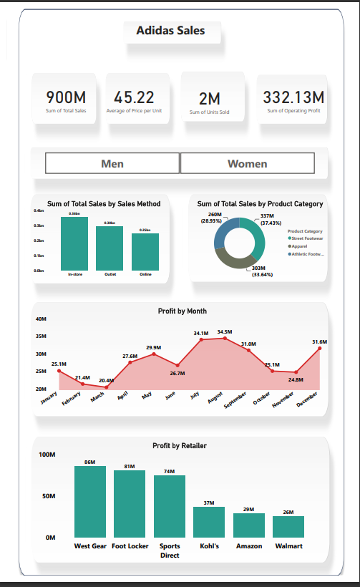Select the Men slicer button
[x=112, y=163]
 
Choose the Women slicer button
[x=247, y=163]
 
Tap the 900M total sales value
[x=66, y=97]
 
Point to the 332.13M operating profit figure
[x=293, y=97]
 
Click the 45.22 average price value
[x=134, y=97]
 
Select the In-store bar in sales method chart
[x=74, y=243]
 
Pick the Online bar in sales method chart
[x=145, y=251]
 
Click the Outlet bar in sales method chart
[x=110, y=248]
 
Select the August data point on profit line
[x=225, y=338]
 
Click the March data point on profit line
[x=107, y=387]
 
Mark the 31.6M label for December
[x=319, y=342]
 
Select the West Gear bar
[x=90, y=501]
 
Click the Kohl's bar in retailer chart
[x=209, y=522]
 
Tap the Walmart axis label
[x=288, y=546]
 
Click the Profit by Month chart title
[x=182, y=311]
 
